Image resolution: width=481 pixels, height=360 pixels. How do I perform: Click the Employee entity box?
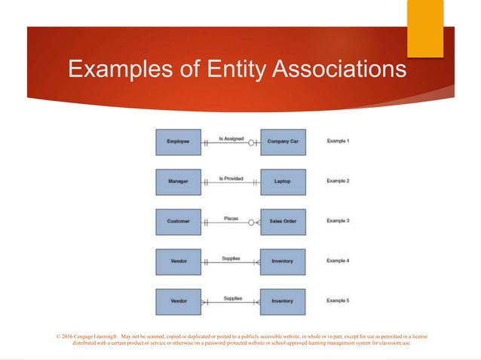pyautogui.click(x=179, y=142)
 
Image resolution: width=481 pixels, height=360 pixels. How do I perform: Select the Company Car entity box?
pyautogui.click(x=283, y=142)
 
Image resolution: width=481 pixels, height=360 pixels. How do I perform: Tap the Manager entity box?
pyautogui.click(x=179, y=182)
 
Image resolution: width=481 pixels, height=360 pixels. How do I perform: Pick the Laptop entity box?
pyautogui.click(x=283, y=182)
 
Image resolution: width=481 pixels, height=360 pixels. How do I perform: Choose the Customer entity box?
pyautogui.click(x=179, y=221)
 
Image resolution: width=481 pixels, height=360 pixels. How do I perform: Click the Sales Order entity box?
pyautogui.click(x=283, y=221)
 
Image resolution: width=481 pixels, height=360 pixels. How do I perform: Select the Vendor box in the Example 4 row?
pyautogui.click(x=179, y=261)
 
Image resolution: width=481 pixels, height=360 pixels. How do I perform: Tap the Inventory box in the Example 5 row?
pyautogui.click(x=283, y=301)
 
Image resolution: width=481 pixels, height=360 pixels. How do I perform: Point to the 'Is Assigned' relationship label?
pyautogui.click(x=231, y=138)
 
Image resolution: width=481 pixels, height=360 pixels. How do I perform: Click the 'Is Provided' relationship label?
pyautogui.click(x=231, y=178)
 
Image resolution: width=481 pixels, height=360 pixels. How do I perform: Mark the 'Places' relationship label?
pyautogui.click(x=231, y=218)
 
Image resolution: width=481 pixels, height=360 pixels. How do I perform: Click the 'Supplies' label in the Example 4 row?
pyautogui.click(x=231, y=258)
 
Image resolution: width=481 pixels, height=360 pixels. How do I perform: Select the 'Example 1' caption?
pyautogui.click(x=338, y=141)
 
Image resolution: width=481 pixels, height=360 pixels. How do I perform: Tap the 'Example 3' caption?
pyautogui.click(x=338, y=221)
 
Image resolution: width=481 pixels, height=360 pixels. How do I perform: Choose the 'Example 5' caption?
pyautogui.click(x=338, y=301)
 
